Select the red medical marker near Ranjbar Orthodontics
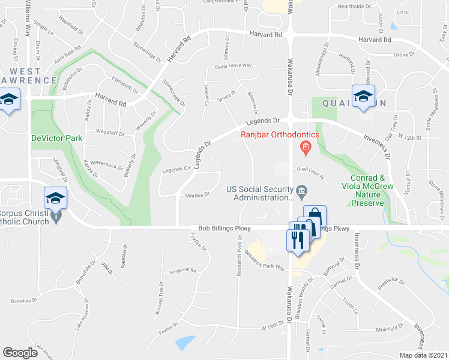pyautogui.click(x=306, y=147)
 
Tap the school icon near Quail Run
pyautogui.click(x=363, y=97)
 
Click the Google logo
pyautogui.click(x=20, y=353)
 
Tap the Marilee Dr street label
pyautogui.click(x=197, y=194)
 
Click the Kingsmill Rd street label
pyautogui.click(x=183, y=271)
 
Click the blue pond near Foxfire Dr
pyautogui.click(x=185, y=343)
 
